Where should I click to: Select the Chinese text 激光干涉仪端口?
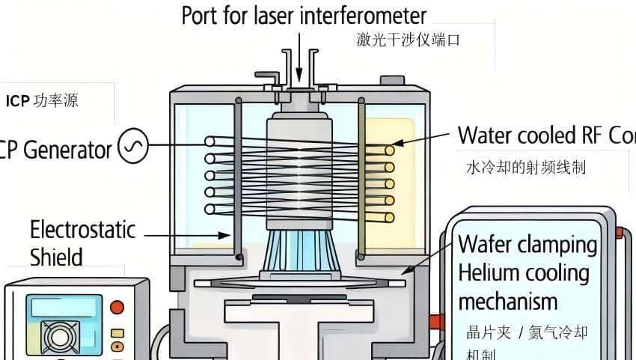tap(408, 40)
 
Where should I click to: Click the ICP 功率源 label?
tap(42, 101)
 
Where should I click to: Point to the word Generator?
tap(67, 150)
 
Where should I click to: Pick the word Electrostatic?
tap(82, 229)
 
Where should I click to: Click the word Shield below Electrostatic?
tap(56, 257)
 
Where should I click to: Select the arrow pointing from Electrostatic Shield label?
tap(187, 234)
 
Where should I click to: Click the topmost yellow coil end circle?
tap(390, 150)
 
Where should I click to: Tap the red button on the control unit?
tap(117, 307)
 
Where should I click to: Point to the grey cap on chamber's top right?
tap(391, 80)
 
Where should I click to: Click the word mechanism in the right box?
tap(507, 302)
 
